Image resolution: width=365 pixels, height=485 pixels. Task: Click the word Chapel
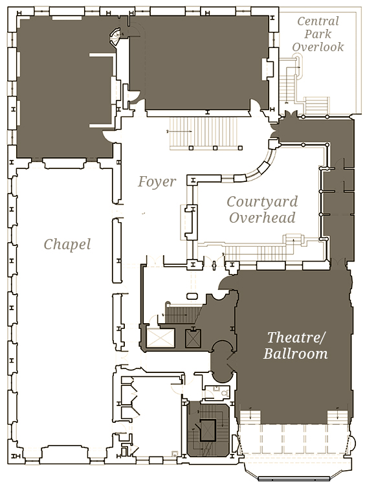tap(67, 244)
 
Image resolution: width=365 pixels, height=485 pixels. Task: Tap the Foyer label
tap(157, 181)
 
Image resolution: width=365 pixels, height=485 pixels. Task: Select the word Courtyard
tap(262, 202)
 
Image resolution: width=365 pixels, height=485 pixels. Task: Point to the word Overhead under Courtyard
tap(262, 218)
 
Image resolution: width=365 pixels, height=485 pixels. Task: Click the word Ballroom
tap(296, 354)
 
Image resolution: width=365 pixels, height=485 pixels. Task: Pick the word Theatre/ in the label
tap(296, 337)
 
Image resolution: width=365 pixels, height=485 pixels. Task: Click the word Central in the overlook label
tap(318, 21)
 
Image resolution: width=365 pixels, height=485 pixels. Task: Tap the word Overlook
tap(318, 47)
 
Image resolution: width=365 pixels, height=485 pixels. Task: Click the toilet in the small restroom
tap(225, 394)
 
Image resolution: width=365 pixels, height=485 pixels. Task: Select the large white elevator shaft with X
tap(160, 338)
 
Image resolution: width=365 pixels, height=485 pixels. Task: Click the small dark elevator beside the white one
tap(193, 338)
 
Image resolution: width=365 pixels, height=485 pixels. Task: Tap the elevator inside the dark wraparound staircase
tap(207, 430)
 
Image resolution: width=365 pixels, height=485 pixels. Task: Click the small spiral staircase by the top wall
tap(115, 37)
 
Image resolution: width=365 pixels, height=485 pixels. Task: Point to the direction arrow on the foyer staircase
tap(179, 131)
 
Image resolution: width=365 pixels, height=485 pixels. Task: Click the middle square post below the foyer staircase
tap(215, 148)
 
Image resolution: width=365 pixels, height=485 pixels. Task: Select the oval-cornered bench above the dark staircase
tap(192, 297)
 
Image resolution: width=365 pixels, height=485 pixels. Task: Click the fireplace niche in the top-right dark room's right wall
tap(267, 69)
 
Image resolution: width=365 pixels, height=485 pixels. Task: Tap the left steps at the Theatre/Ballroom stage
tap(250, 416)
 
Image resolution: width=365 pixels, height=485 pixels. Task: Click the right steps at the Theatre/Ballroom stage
tap(337, 416)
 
